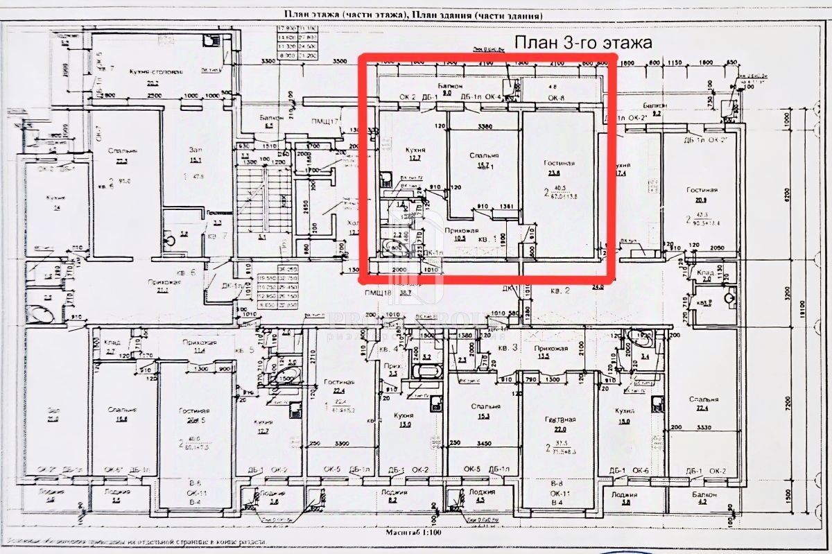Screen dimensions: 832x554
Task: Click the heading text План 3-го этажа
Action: tap(583, 42)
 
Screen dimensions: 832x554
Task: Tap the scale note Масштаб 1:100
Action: tap(416, 535)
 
